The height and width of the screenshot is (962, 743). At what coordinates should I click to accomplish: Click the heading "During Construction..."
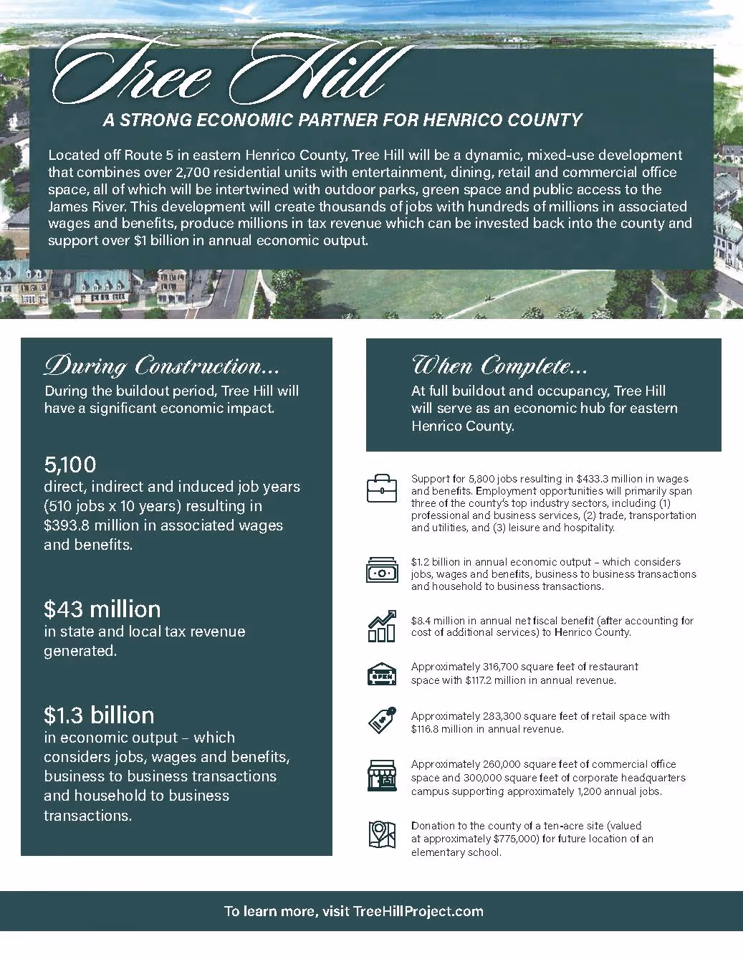tap(161, 366)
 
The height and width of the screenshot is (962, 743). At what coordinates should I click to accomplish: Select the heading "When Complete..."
tap(499, 366)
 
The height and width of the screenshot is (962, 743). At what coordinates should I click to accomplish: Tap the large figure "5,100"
tap(70, 464)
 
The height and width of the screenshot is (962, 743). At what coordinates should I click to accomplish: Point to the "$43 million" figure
tap(102, 609)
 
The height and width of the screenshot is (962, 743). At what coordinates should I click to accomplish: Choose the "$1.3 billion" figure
tap(99, 715)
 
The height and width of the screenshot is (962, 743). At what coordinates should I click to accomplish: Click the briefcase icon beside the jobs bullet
tap(381, 487)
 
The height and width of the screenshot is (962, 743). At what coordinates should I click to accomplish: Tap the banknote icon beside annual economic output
tap(381, 572)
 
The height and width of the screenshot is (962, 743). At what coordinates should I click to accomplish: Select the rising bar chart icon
tap(381, 627)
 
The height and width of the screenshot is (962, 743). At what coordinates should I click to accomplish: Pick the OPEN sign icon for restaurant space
tap(381, 674)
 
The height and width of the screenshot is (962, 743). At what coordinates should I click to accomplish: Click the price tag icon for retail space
tap(381, 721)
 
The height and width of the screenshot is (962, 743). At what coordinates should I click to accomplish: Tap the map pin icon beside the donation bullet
tap(381, 835)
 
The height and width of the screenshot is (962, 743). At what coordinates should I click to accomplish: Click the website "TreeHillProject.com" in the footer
tap(418, 912)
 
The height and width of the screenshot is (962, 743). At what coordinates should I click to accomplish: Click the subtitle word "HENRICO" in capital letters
tap(463, 120)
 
